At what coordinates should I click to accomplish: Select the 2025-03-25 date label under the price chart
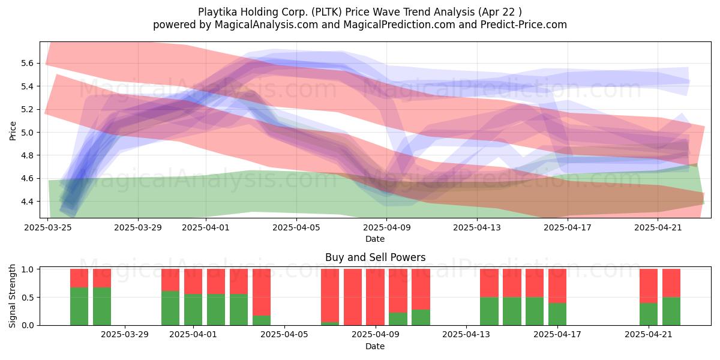(x=48, y=227)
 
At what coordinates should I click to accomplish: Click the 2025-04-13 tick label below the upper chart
(x=477, y=227)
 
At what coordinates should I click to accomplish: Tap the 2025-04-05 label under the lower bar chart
(x=284, y=335)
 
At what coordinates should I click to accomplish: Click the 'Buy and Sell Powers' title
(x=376, y=257)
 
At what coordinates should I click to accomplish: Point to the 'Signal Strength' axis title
(x=12, y=296)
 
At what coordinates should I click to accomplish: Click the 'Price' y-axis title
(x=13, y=131)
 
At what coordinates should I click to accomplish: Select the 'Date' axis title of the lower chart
(x=375, y=347)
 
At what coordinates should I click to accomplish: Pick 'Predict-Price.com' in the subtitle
(x=524, y=25)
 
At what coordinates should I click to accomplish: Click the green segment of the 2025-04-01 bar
(x=193, y=310)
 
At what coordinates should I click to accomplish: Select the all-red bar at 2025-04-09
(x=376, y=298)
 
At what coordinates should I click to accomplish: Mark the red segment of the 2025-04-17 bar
(x=557, y=286)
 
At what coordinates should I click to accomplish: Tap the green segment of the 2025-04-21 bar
(x=649, y=314)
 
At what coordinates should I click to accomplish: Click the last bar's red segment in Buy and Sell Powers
(x=671, y=283)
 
